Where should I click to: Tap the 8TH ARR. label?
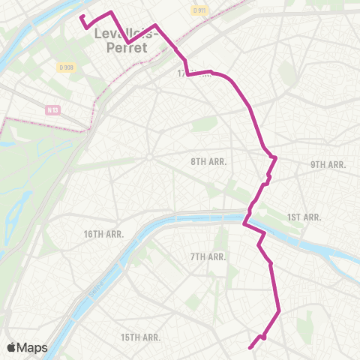coord(208,161)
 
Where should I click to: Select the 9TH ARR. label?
coord(328,164)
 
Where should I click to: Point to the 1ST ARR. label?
coord(304,217)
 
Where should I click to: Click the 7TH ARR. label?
coord(208,256)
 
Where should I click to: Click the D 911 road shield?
coord(198,10)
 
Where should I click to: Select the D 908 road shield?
coord(65,67)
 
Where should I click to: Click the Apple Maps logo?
coord(27,347)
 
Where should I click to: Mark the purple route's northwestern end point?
coord(82,15)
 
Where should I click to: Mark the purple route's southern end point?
coord(249,347)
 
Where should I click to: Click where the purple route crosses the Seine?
coord(246,218)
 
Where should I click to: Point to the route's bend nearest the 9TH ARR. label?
coord(277,157)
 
